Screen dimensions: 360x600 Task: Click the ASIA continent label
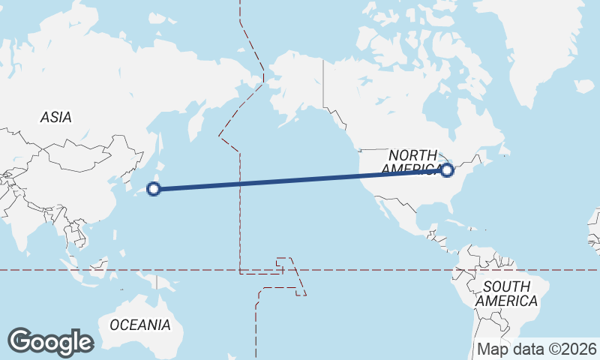[x=55, y=117]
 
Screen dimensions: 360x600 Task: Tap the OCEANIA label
[x=140, y=325]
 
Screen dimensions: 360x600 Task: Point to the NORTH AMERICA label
[x=412, y=162]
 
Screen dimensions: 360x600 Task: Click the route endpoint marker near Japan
[x=154, y=189]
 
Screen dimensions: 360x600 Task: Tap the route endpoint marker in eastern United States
[x=448, y=170]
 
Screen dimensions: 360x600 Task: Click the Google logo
[x=50, y=342]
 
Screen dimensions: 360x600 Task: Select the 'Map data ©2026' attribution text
[x=536, y=349]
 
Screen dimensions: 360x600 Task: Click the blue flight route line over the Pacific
[x=300, y=180]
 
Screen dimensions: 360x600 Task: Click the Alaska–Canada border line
[x=323, y=82]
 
